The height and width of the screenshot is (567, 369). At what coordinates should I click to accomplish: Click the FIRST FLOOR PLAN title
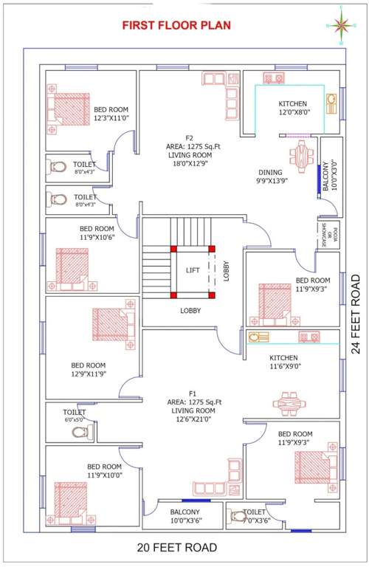(176, 25)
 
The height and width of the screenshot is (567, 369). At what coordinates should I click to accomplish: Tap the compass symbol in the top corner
(342, 24)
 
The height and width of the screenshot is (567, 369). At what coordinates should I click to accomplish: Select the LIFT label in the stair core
(192, 271)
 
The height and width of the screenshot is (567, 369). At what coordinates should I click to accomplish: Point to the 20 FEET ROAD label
(177, 547)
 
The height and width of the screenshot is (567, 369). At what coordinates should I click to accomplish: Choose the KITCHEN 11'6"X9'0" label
(284, 362)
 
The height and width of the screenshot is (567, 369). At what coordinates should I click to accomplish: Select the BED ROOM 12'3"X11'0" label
(111, 113)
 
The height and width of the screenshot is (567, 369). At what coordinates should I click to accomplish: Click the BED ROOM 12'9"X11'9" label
(89, 370)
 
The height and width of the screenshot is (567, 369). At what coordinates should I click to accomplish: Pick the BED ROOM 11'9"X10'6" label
(97, 233)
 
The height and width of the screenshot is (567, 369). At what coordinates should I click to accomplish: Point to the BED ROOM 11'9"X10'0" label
(104, 471)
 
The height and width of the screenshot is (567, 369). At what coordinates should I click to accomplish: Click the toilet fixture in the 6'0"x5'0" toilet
(80, 431)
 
